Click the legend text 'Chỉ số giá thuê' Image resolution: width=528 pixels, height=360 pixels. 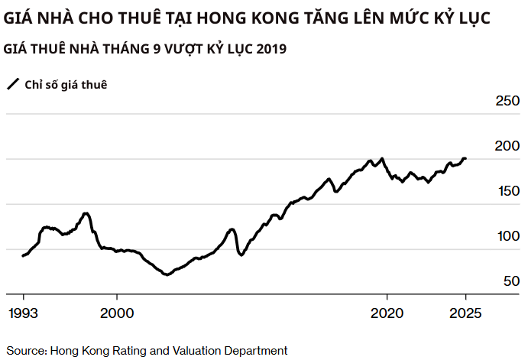tap(66, 84)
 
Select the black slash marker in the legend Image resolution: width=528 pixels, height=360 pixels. tap(13, 84)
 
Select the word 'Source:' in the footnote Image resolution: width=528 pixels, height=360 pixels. tap(27, 350)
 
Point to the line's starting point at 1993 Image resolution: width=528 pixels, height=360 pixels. tap(23, 255)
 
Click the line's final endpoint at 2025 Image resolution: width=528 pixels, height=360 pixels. tap(465, 159)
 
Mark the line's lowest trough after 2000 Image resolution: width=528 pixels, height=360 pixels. tap(167, 274)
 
